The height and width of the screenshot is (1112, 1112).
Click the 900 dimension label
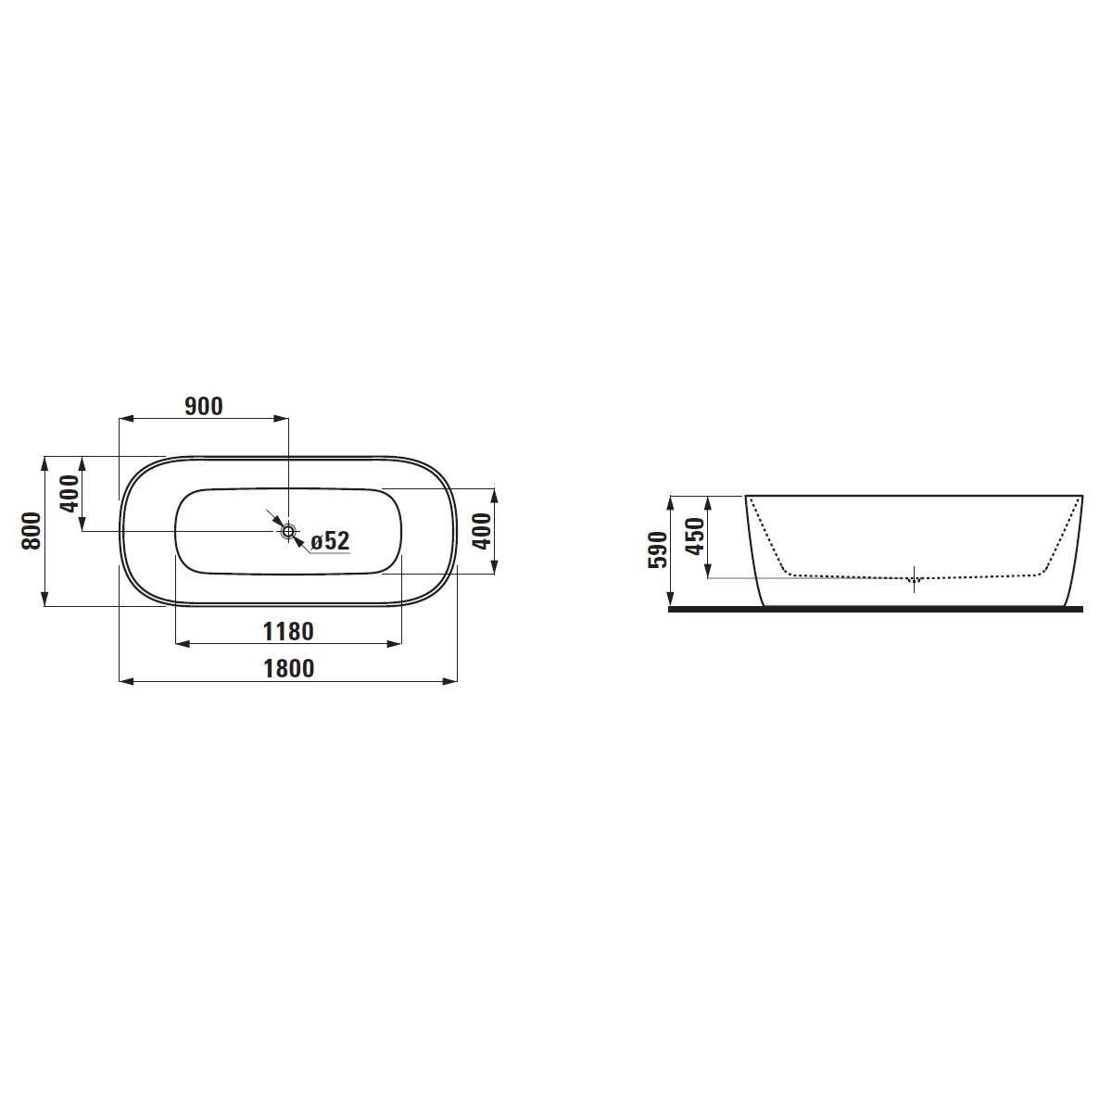pyautogui.click(x=204, y=407)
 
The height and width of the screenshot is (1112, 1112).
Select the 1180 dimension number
pyautogui.click(x=288, y=631)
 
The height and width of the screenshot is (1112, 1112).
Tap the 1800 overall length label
pyautogui.click(x=288, y=669)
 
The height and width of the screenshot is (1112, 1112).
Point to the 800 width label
pyautogui.click(x=32, y=531)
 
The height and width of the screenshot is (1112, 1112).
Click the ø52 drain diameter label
pyautogui.click(x=330, y=541)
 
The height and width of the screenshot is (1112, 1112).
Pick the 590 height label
pyautogui.click(x=659, y=550)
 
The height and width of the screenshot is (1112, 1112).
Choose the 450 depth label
pyautogui.click(x=696, y=537)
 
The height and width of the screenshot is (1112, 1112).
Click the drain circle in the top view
pyautogui.click(x=288, y=530)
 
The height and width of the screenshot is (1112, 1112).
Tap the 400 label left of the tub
pyautogui.click(x=69, y=493)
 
